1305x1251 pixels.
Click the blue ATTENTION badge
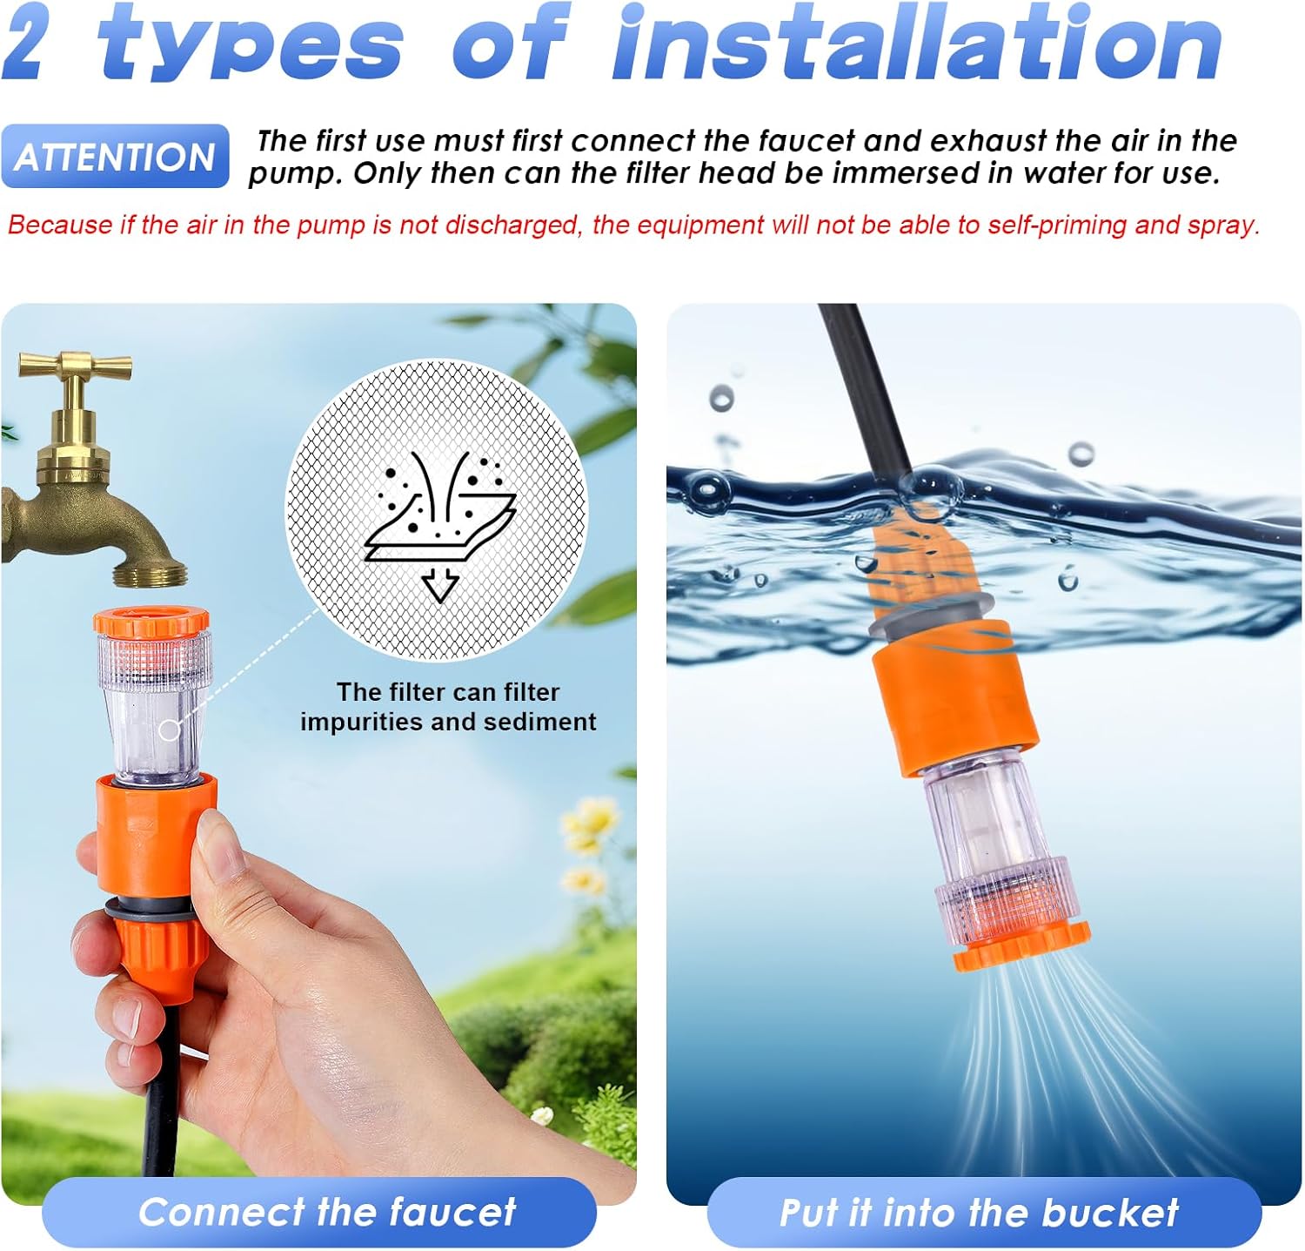tap(115, 157)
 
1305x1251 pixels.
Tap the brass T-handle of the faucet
tap(76, 364)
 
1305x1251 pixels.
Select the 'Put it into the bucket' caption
tap(980, 1212)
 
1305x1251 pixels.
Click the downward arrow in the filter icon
tap(440, 584)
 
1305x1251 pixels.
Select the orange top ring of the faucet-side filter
tap(152, 622)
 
